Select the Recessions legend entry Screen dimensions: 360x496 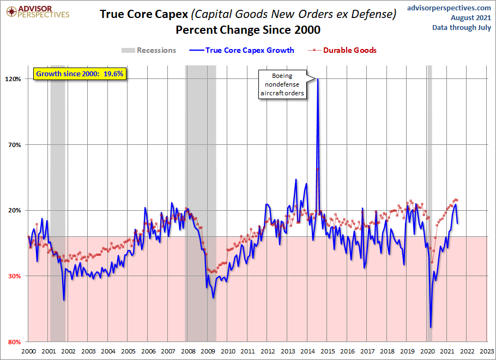point(149,50)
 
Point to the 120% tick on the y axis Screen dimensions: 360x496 point(13,79)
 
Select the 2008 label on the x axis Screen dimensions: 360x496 point(187,352)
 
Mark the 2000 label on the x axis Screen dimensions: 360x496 point(28,352)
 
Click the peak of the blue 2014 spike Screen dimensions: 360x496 point(317,80)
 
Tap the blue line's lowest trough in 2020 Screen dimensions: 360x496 point(431,327)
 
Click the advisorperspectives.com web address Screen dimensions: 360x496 point(449,8)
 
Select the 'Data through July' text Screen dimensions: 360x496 point(462,27)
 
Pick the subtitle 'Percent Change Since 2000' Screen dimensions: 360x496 point(247,29)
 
